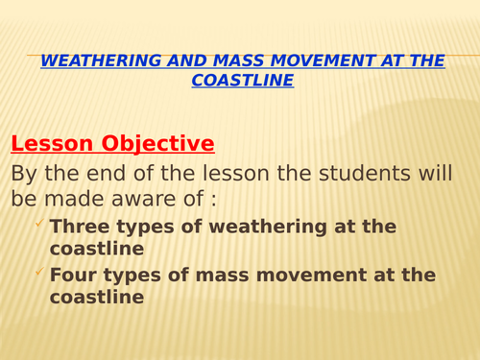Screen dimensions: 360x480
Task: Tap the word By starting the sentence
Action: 26,174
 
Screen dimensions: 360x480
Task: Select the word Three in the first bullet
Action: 79,227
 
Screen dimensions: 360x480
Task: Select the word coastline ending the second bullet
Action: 97,298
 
